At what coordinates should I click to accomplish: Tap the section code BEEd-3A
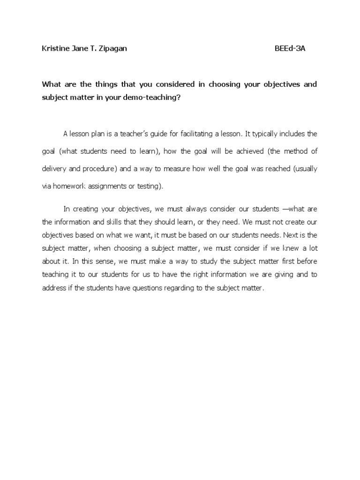[x=290, y=49]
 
